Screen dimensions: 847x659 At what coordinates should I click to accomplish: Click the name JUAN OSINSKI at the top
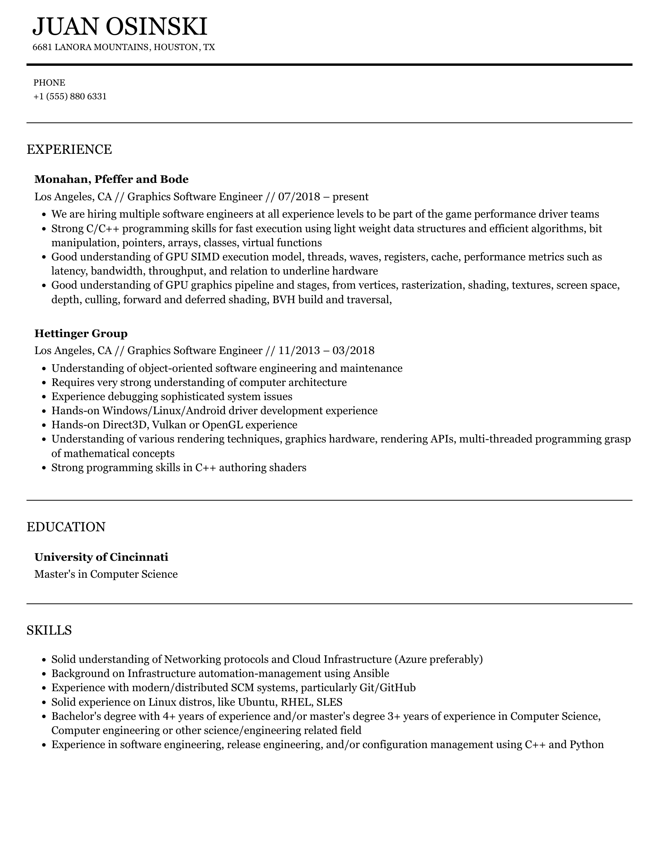tap(120, 27)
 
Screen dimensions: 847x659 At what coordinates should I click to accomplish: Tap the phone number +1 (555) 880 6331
tap(70, 96)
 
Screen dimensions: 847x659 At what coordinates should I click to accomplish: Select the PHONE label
tap(49, 83)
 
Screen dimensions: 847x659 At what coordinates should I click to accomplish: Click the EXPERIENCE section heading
tap(69, 149)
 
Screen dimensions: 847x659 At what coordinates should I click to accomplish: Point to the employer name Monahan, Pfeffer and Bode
tap(111, 179)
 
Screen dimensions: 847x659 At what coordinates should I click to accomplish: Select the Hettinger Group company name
tap(81, 333)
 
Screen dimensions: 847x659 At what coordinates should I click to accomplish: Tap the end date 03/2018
tap(353, 350)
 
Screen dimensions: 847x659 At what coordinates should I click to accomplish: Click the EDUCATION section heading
tap(66, 527)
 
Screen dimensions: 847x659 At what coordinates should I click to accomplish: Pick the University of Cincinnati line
tap(101, 557)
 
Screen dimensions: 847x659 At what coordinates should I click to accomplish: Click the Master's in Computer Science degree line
tap(106, 574)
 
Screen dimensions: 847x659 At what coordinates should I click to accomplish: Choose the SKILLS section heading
tap(49, 630)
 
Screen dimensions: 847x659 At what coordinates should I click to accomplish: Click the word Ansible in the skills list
tap(371, 673)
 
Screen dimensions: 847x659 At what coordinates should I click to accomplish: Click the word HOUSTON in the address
tap(176, 47)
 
